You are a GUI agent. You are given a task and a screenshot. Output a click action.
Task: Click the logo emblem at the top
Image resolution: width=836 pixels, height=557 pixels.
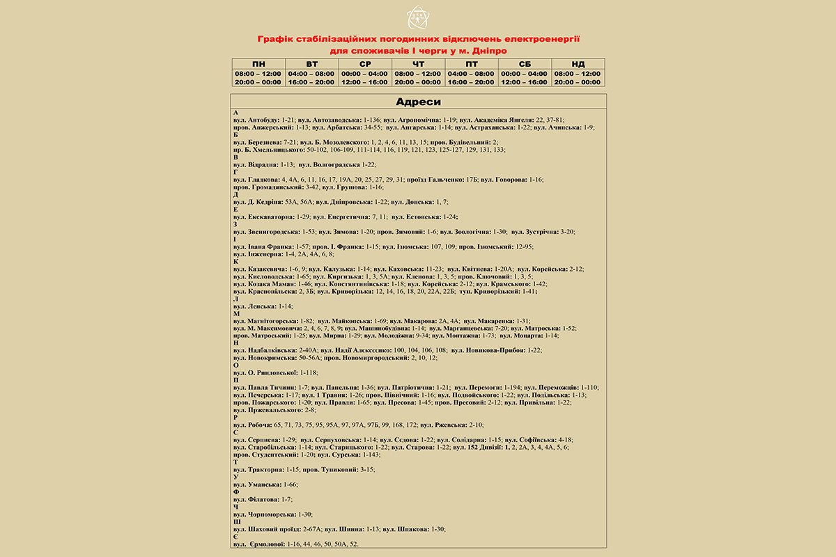pos(418,17)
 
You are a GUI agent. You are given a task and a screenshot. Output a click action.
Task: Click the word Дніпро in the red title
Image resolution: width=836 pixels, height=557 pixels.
pos(489,51)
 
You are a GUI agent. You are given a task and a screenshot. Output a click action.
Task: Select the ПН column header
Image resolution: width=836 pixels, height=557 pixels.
pos(258,64)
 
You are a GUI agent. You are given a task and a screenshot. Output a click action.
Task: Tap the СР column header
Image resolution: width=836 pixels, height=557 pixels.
pos(365,64)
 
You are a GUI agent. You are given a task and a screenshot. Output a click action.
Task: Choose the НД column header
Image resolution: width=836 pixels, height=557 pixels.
pos(578,64)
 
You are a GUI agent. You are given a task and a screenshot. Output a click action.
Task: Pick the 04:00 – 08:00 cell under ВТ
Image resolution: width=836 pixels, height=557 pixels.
pos(311,73)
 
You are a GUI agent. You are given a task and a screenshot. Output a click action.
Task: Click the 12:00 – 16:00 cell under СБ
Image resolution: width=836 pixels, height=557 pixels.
pos(524,82)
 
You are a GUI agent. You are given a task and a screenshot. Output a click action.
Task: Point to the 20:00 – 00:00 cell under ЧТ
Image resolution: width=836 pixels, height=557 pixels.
pos(418,82)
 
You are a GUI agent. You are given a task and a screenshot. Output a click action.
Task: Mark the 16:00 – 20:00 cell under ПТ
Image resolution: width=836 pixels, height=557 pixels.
pos(471,82)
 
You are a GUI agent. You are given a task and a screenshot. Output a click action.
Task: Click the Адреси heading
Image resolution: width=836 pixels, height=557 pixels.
pos(418,102)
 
